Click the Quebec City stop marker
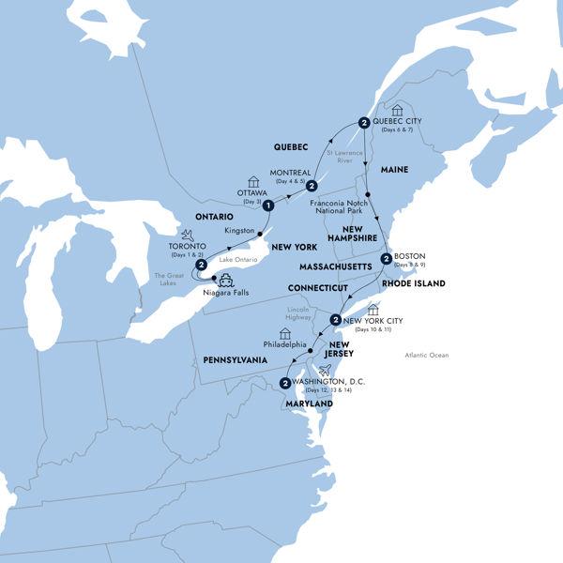pos(362,121)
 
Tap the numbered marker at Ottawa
pos(267,205)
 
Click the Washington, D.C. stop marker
pos(283,382)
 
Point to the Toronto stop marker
pos(200,266)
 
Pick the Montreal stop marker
pos(311,187)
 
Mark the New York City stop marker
pos(335,320)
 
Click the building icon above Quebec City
pos(397,110)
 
